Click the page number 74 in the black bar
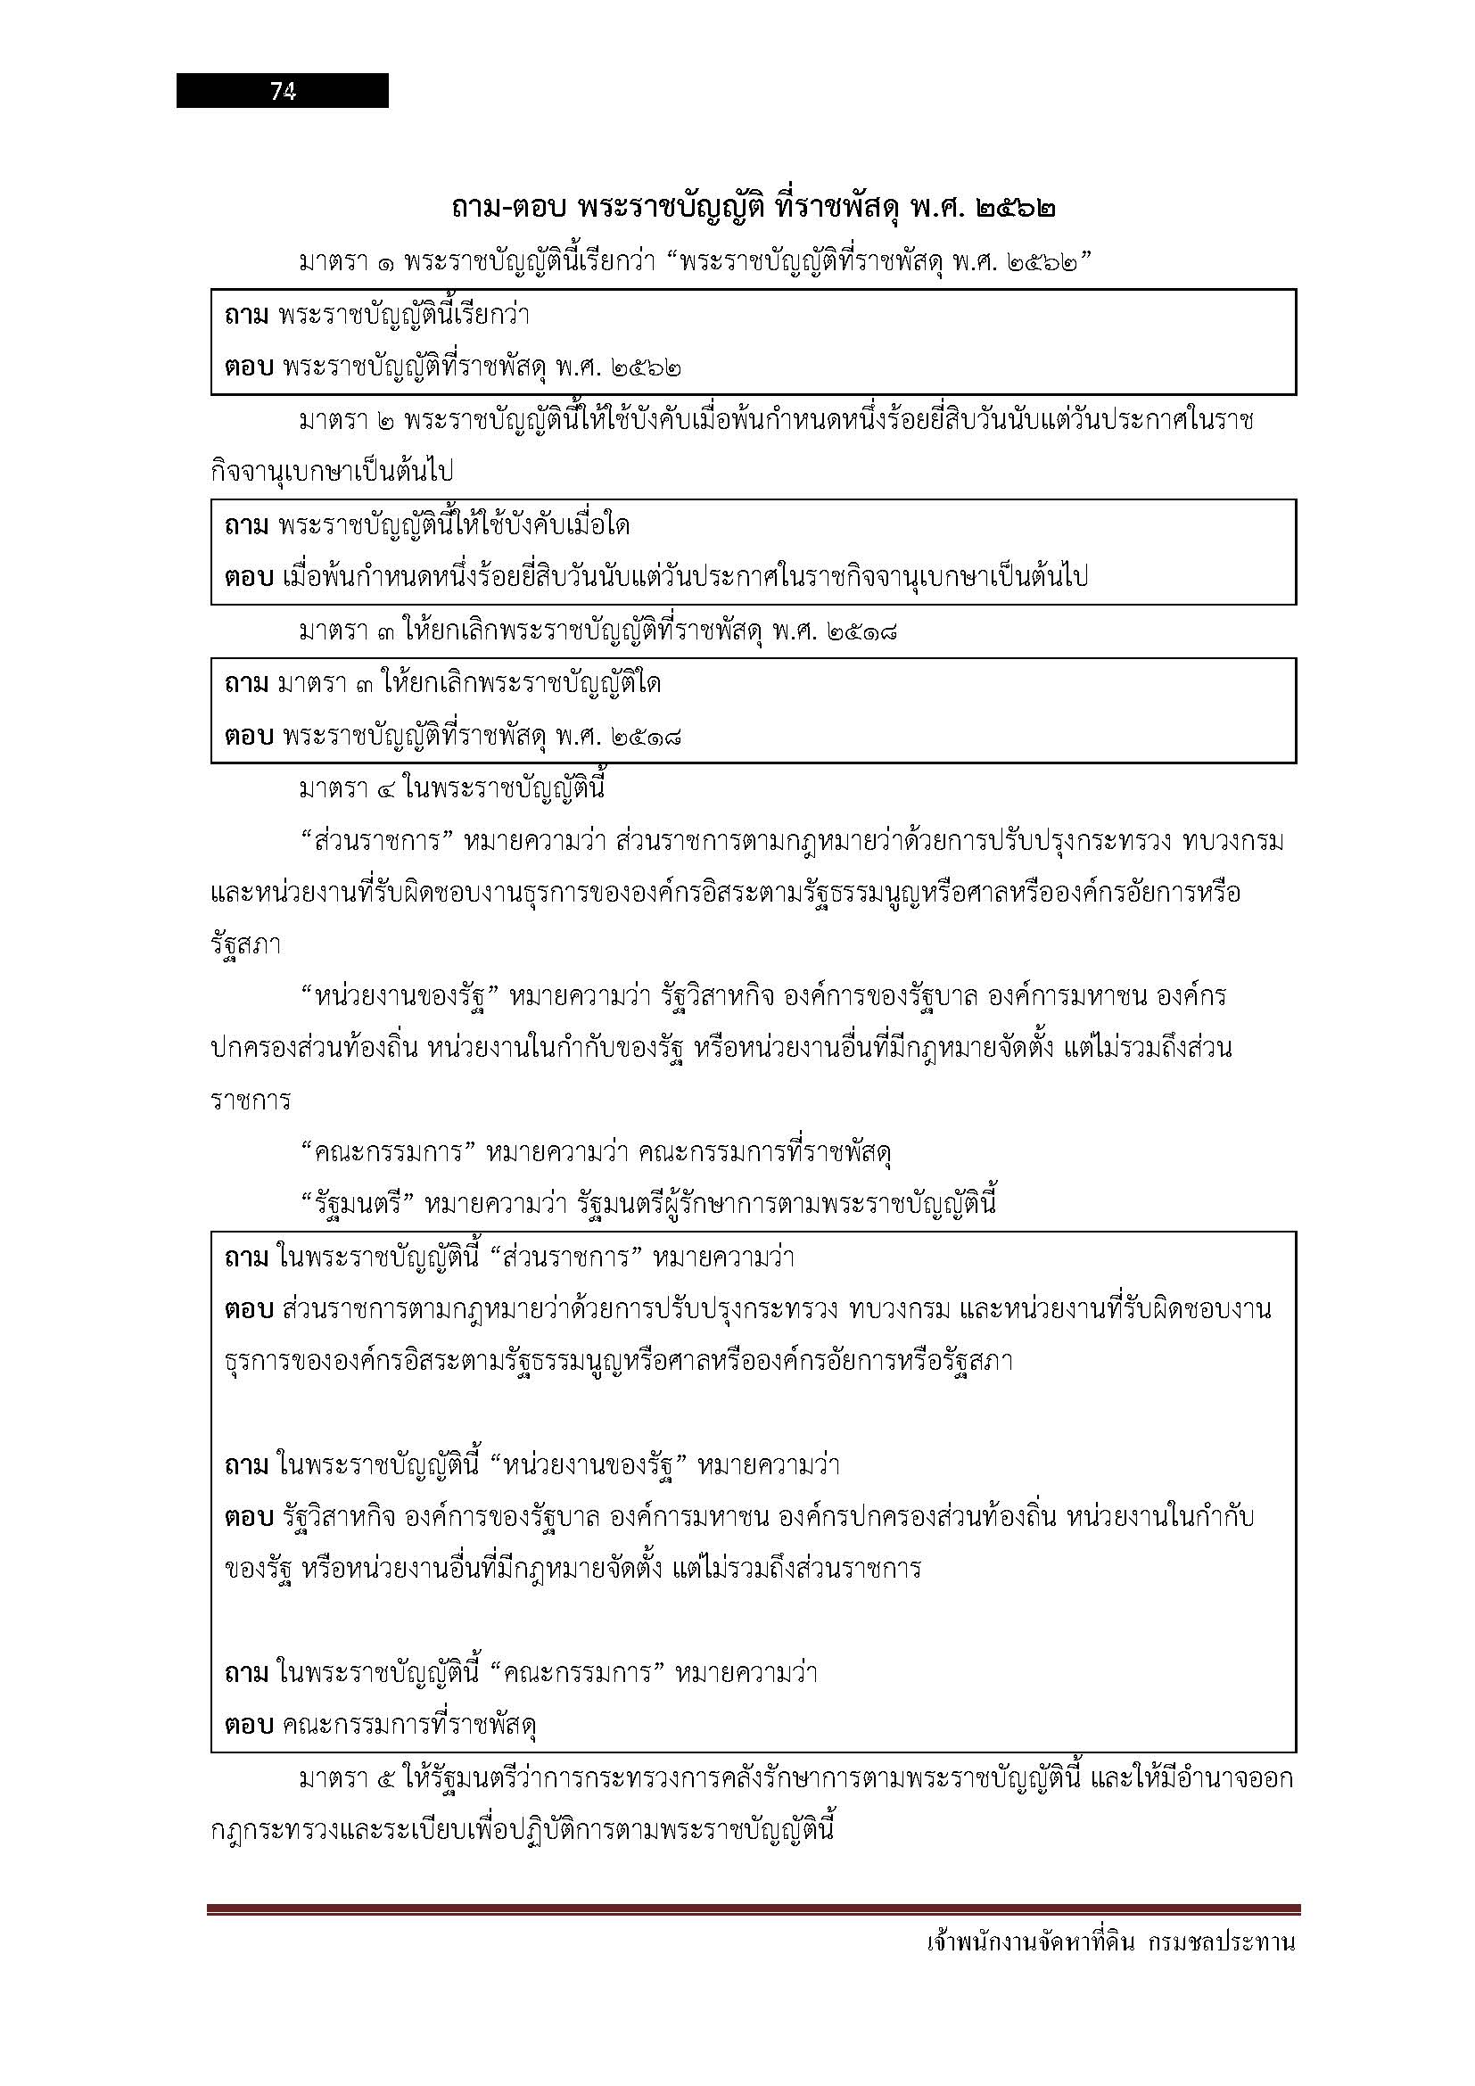point(283,91)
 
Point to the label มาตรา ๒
point(348,421)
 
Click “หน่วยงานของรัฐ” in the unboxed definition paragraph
point(400,997)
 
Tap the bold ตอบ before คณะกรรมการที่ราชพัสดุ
point(248,1726)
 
